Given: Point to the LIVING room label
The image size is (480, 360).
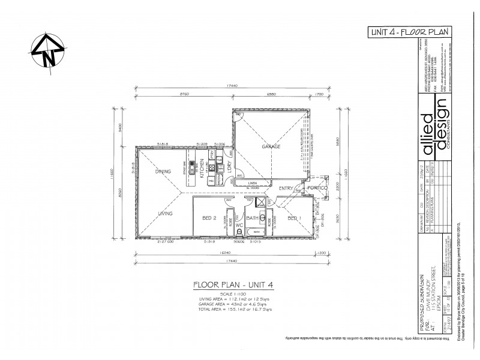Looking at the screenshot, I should [166, 213].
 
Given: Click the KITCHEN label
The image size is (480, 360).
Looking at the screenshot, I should [203, 171].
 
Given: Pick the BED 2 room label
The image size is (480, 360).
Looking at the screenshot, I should [209, 218].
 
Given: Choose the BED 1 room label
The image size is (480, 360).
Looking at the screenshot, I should [293, 218].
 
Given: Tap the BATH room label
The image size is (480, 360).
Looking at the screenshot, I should [252, 218].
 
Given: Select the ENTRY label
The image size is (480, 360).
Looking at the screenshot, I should [287, 188].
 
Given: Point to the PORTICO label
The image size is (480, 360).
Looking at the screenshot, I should [316, 188].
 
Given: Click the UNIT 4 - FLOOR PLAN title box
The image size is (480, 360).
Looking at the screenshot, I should [409, 32].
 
